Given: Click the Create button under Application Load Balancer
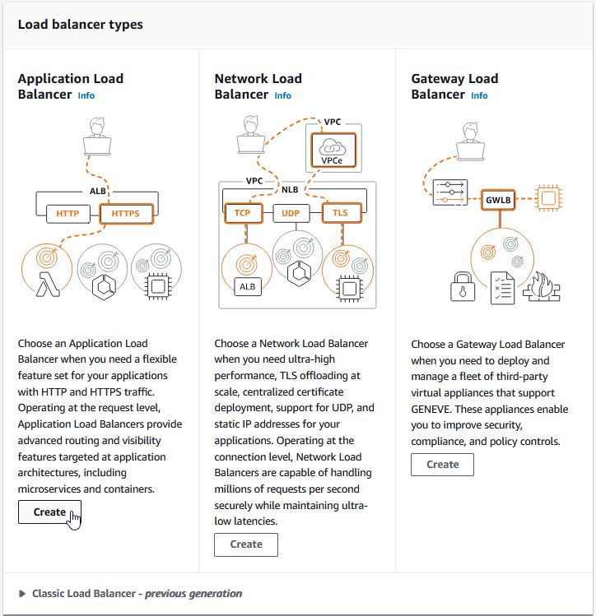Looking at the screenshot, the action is tap(49, 512).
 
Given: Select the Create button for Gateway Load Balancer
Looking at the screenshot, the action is tap(442, 465).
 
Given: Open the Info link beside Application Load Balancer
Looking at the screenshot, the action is tap(86, 95).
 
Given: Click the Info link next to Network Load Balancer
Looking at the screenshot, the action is tap(282, 95).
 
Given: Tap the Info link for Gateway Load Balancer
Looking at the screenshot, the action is tap(479, 95).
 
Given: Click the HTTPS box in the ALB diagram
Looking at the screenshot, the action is tap(126, 213).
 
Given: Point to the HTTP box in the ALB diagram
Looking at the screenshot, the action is tap(68, 214).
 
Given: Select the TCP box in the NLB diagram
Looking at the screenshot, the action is tap(243, 213).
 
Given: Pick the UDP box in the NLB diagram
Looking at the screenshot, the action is tap(291, 213).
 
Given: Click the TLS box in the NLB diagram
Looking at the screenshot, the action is tap(341, 213).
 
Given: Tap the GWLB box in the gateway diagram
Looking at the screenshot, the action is tap(498, 200).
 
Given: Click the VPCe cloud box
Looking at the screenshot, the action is tap(333, 151).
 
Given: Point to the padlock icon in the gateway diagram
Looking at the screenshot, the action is tap(463, 286).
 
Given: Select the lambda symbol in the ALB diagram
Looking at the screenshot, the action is tap(48, 284).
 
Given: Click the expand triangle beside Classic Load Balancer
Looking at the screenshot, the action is tap(22, 593).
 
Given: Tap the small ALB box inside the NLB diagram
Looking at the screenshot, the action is tap(247, 287).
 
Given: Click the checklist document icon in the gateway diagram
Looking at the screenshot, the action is tap(502, 288).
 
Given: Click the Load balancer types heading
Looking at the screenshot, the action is tap(81, 25).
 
